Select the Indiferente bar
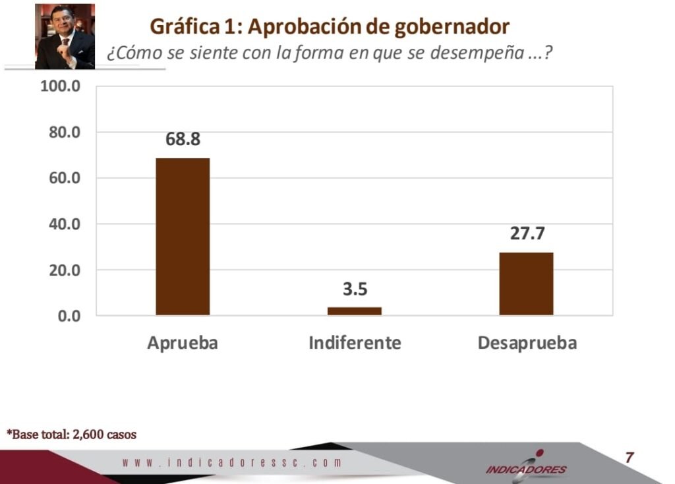click(x=354, y=311)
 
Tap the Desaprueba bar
click(x=526, y=284)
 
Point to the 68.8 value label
click(x=183, y=140)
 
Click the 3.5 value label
click(x=354, y=289)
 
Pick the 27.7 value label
click(x=526, y=234)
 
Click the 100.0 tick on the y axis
click(x=60, y=87)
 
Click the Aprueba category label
click(x=183, y=344)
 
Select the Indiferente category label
click(x=355, y=344)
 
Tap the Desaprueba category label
click(x=527, y=344)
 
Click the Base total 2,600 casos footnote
click(x=72, y=435)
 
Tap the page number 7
click(x=630, y=457)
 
